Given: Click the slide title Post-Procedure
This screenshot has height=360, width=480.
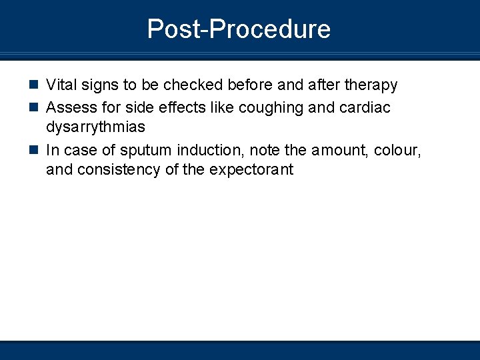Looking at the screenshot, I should [239, 29].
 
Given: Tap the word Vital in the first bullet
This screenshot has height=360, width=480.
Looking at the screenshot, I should [61, 85].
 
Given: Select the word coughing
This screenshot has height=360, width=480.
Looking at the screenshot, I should [277, 107].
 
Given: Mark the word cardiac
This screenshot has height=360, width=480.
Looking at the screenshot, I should [366, 107].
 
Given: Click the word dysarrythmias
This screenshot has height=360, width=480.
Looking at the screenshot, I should [95, 127].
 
